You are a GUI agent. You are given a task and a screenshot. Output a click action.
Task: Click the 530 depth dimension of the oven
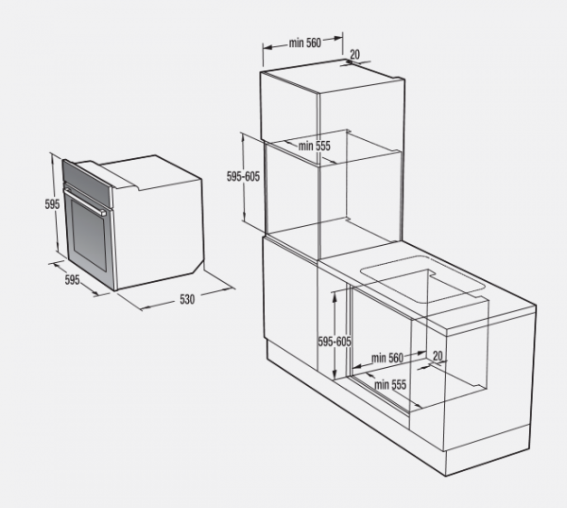[187, 300]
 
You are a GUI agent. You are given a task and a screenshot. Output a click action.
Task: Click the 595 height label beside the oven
[52, 204]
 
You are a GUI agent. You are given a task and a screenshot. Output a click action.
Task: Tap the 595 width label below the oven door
[72, 279]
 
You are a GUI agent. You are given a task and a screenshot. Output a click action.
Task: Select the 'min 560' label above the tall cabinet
[305, 43]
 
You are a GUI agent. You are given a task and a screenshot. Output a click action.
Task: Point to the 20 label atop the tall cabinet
[355, 54]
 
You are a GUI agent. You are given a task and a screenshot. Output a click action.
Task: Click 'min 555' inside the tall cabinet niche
[315, 146]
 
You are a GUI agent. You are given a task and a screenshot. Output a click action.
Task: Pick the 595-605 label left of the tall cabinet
[243, 177]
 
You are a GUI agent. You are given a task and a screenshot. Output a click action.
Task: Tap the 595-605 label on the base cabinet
[335, 342]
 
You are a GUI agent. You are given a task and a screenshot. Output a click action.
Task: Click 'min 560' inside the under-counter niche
[387, 359]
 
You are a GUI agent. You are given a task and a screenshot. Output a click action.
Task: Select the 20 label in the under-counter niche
[438, 356]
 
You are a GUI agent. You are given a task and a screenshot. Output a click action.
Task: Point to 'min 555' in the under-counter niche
[390, 384]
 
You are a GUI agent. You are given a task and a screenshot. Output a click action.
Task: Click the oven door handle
[85, 201]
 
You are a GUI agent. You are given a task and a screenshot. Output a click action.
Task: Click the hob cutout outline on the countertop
[423, 279]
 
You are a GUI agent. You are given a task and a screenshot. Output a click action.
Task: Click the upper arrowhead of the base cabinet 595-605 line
[335, 294]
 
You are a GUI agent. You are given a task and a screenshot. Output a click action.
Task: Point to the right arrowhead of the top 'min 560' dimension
[338, 37]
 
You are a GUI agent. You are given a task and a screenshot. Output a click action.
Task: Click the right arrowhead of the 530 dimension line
[230, 289]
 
